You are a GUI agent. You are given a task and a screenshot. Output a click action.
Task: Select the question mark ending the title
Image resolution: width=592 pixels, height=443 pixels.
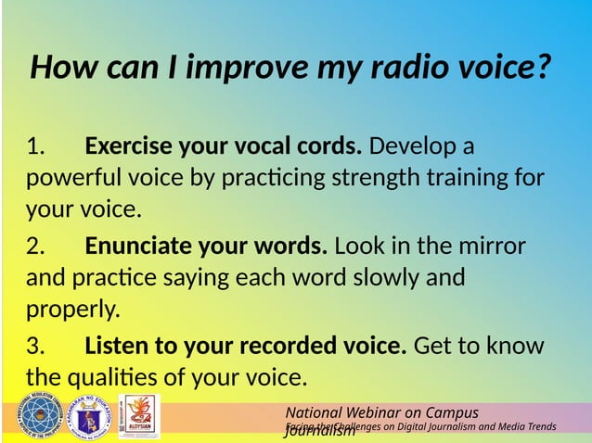(543, 68)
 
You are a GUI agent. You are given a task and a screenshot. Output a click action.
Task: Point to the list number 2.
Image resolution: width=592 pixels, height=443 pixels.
(35, 247)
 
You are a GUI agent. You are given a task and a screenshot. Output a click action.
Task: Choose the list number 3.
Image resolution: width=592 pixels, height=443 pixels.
(35, 347)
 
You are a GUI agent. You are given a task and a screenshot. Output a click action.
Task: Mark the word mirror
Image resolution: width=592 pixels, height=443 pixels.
(492, 247)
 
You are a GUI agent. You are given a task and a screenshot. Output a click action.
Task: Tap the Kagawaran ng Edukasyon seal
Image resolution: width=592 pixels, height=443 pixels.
(91, 418)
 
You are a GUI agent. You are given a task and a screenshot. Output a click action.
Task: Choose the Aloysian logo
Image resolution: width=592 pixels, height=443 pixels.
(139, 417)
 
